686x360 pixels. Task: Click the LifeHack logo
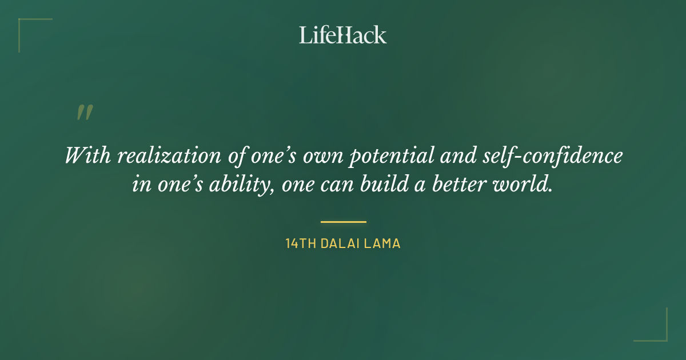tap(343, 35)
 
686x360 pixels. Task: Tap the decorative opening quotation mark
tap(84, 113)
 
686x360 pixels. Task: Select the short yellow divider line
tap(343, 222)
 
